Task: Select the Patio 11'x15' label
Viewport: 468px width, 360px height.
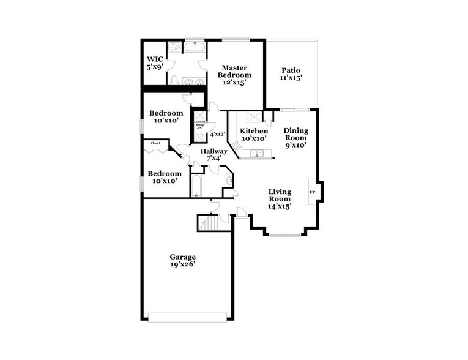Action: coord(291,74)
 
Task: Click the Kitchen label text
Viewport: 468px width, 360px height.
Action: coord(253,135)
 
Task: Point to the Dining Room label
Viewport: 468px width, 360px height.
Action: coord(295,138)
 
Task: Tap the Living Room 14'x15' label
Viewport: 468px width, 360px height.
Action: coord(280,199)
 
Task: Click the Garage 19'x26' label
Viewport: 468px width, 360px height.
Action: coord(183,260)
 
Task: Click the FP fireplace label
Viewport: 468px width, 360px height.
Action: coord(313,193)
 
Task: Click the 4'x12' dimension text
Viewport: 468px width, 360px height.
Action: coord(217,134)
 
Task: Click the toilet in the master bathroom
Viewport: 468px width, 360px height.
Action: coord(174,80)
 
